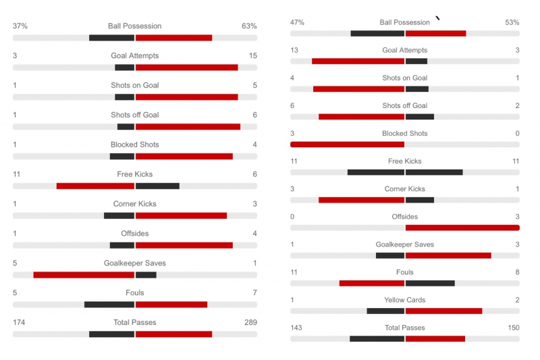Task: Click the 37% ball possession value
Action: (x=20, y=26)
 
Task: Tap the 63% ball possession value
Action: (x=249, y=26)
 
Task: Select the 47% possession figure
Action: (x=297, y=22)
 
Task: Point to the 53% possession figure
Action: (x=512, y=22)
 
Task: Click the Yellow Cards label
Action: (x=404, y=300)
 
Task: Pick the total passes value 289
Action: (x=250, y=323)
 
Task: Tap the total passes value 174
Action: (x=19, y=323)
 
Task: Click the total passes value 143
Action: (x=296, y=328)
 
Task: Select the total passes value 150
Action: (x=513, y=328)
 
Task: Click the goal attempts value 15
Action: (x=252, y=56)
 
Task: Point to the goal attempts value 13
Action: (x=294, y=50)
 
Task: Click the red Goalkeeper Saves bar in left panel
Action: (x=84, y=275)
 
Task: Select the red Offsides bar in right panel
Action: (x=462, y=228)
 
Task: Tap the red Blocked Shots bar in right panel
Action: (x=347, y=144)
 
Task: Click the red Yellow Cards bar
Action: (x=443, y=311)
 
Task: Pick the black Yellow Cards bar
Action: (x=385, y=311)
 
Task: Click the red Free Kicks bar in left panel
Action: (x=95, y=186)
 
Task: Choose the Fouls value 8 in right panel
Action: (x=516, y=272)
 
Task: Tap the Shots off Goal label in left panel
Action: (x=135, y=115)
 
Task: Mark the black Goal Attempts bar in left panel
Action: (x=124, y=67)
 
